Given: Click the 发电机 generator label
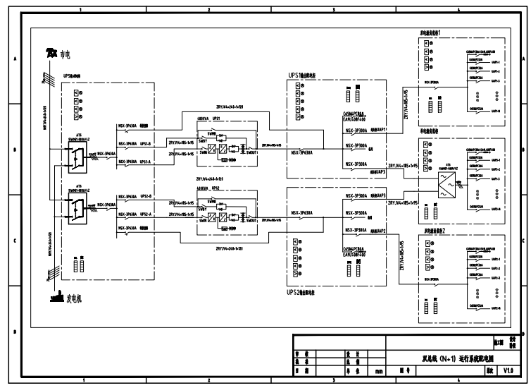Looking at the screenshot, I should [74, 299].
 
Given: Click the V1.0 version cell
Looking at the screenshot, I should [508, 370].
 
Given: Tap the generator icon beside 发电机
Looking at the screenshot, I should [56, 299].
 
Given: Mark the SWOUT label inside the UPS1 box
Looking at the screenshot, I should [251, 150].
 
